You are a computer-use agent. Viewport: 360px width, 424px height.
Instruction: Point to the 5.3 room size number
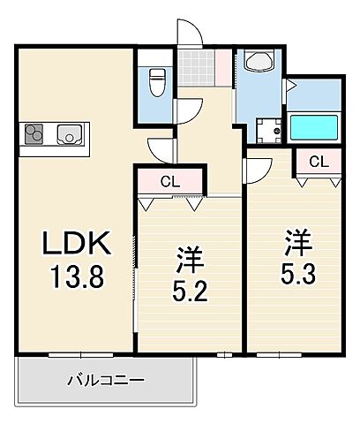[x=296, y=270]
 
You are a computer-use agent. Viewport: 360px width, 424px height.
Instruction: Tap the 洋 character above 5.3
[x=296, y=240]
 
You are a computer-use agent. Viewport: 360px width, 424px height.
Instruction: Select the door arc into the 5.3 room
[x=259, y=168]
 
